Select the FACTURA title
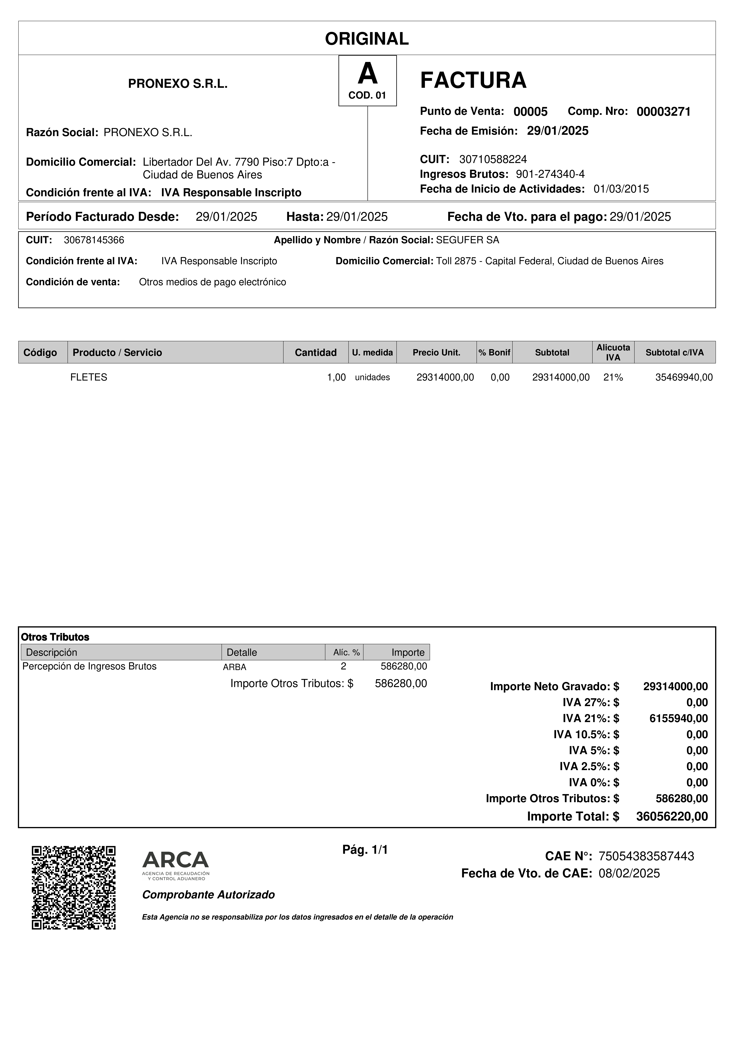coord(473,80)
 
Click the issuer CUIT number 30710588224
coord(493,159)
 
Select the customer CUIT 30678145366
coord(94,240)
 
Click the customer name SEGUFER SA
coord(467,240)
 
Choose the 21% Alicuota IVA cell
coord(613,377)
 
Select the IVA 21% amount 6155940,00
coord(678,718)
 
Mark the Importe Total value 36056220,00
coord(672,816)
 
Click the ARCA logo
coord(176,865)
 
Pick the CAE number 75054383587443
coord(646,856)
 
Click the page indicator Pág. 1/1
coord(365,850)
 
